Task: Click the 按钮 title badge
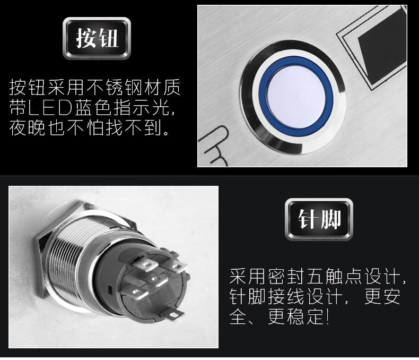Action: click(97, 38)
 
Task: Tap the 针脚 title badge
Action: click(319, 219)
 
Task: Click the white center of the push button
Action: click(296, 96)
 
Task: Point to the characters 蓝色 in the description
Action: click(93, 108)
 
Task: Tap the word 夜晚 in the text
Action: click(27, 128)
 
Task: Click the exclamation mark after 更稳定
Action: click(327, 316)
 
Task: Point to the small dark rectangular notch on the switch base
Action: click(110, 289)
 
